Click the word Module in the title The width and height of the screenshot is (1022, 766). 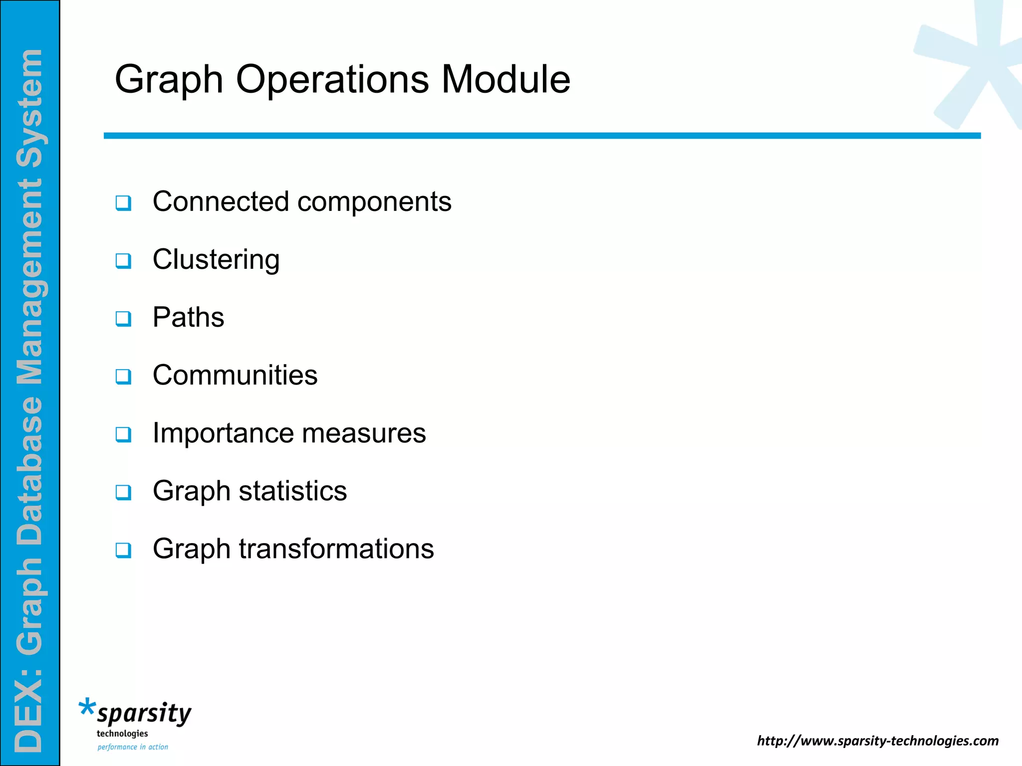point(506,79)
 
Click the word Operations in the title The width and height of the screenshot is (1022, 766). point(332,79)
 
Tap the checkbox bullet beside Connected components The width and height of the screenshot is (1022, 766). point(123,203)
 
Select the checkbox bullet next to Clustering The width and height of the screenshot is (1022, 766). point(123,261)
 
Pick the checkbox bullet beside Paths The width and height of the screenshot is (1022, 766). point(123,319)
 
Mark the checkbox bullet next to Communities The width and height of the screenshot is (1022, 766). point(123,377)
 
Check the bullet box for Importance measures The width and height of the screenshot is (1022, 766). point(123,434)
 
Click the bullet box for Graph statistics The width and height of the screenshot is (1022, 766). point(123,492)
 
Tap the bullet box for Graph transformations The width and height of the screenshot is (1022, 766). point(123,550)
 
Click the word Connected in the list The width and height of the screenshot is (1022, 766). point(221,201)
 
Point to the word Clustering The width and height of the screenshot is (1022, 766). point(216,260)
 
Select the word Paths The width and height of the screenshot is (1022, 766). point(188,317)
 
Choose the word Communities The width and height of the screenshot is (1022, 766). point(235,375)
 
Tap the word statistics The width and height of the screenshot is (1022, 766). point(292,491)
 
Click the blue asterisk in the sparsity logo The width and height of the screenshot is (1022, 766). point(87,708)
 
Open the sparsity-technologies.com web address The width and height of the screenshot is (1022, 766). point(878,741)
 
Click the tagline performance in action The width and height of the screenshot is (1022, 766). point(133,747)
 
